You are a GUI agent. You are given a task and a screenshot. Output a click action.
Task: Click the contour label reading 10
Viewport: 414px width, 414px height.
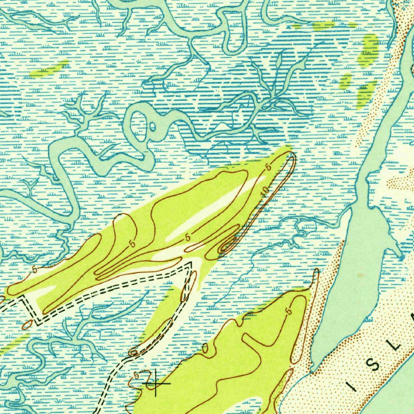click(265, 192)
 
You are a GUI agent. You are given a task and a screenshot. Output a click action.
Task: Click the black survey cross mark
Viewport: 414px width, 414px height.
click(156, 382)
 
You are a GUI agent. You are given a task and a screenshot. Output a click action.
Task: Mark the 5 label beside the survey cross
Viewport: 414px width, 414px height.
click(137, 373)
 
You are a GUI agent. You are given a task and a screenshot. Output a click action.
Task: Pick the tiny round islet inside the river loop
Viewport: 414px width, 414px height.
click(152, 128)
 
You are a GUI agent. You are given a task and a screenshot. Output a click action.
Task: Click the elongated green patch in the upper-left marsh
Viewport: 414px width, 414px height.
click(49, 70)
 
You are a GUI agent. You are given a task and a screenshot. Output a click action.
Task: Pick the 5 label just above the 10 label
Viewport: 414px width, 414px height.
click(268, 167)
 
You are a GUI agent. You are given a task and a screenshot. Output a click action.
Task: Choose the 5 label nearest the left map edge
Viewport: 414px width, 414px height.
click(34, 269)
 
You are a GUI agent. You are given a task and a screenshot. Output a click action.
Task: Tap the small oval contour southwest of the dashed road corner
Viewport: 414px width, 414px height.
click(27, 324)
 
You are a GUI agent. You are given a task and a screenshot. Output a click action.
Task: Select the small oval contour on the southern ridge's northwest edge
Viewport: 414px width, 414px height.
click(205, 348)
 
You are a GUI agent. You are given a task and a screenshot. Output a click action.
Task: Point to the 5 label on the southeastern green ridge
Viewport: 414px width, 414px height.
click(288, 311)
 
